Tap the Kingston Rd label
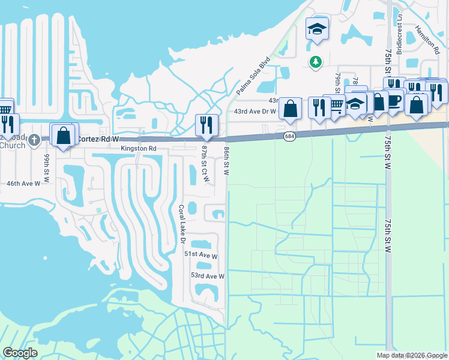pos(139,148)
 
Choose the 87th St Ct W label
pos(205,164)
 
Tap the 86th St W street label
pos(227,160)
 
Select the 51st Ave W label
pos(200,254)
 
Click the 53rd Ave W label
pos(207,276)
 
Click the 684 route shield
pos(289,137)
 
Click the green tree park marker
pos(315,62)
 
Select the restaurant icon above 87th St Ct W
pos(206,125)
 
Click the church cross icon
pos(35,140)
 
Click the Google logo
pos(20,353)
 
